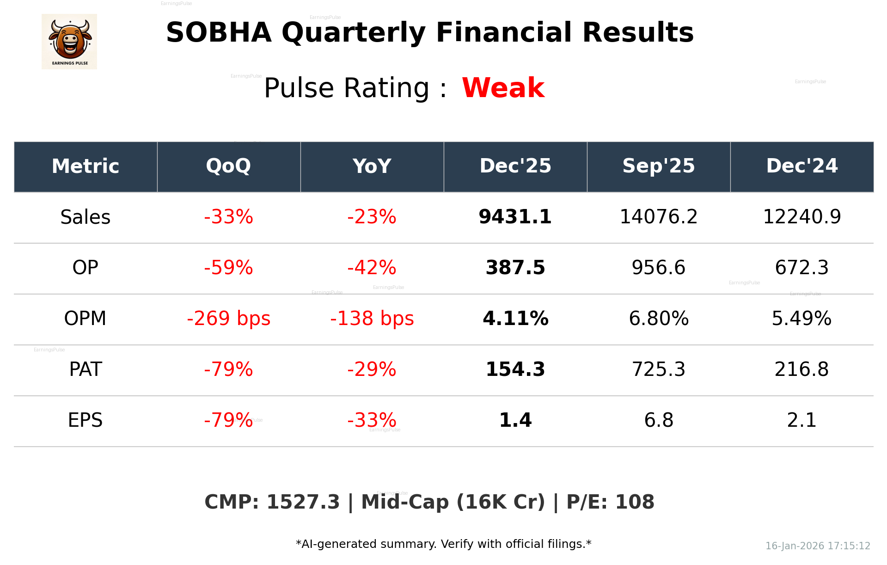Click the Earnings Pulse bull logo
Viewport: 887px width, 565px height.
coord(69,42)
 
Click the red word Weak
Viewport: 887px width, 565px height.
coord(503,88)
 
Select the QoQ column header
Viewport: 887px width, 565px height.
coord(228,166)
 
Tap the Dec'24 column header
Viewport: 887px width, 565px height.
coord(801,166)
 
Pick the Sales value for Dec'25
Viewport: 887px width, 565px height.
coord(515,217)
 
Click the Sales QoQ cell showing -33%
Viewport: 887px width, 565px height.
coord(228,217)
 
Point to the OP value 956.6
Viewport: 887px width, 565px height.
coord(658,268)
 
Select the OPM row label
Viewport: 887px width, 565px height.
coord(85,319)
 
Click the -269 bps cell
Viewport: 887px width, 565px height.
coord(228,319)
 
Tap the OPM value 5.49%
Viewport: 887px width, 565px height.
coord(801,319)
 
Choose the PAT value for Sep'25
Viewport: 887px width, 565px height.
coord(658,369)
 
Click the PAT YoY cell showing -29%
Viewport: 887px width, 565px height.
coord(372,369)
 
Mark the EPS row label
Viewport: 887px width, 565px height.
coord(85,420)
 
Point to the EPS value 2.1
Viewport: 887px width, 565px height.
coord(801,420)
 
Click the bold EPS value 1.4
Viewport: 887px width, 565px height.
coord(515,420)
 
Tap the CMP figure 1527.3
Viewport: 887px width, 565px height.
coord(303,502)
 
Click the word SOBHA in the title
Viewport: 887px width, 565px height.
coord(219,33)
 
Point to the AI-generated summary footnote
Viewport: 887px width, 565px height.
coord(443,544)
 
